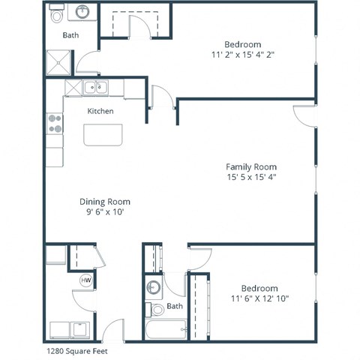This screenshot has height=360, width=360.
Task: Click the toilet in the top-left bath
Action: pos(57,14)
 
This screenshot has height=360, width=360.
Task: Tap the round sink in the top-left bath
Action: pos(81,13)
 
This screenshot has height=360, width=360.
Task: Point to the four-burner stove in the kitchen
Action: pos(55,123)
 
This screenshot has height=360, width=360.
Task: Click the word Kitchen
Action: pos(100,111)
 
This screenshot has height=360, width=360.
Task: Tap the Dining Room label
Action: pos(105,201)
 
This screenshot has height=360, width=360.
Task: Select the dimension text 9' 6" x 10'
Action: pos(105,212)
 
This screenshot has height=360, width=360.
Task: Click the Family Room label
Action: pos(251,166)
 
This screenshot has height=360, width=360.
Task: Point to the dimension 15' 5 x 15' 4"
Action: pos(251,178)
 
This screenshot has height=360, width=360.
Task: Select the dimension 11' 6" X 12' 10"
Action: pos(259,299)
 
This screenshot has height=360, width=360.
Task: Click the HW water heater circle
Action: pos(85,280)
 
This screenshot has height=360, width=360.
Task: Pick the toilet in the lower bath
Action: pos(157,309)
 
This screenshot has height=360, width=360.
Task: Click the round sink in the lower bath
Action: pos(154,287)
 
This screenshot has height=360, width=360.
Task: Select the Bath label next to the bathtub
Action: pos(175,306)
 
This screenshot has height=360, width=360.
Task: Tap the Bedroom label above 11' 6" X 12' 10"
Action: pos(259,288)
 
